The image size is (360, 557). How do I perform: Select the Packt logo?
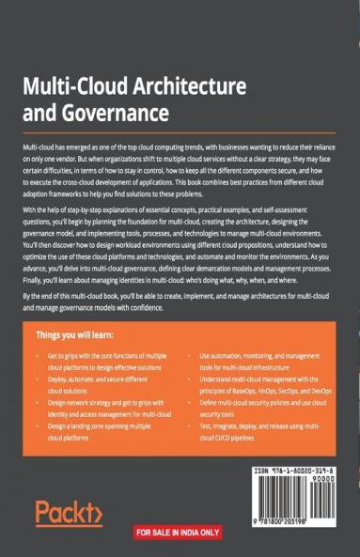(x=69, y=513)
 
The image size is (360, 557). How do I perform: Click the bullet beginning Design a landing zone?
(x=93, y=436)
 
